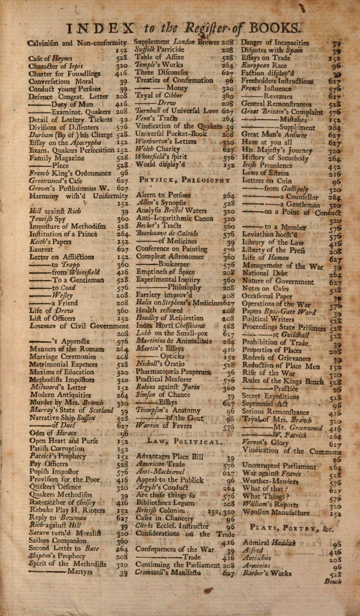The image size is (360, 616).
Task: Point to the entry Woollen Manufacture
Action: (276, 512)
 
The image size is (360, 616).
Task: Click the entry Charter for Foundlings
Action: (64, 73)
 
